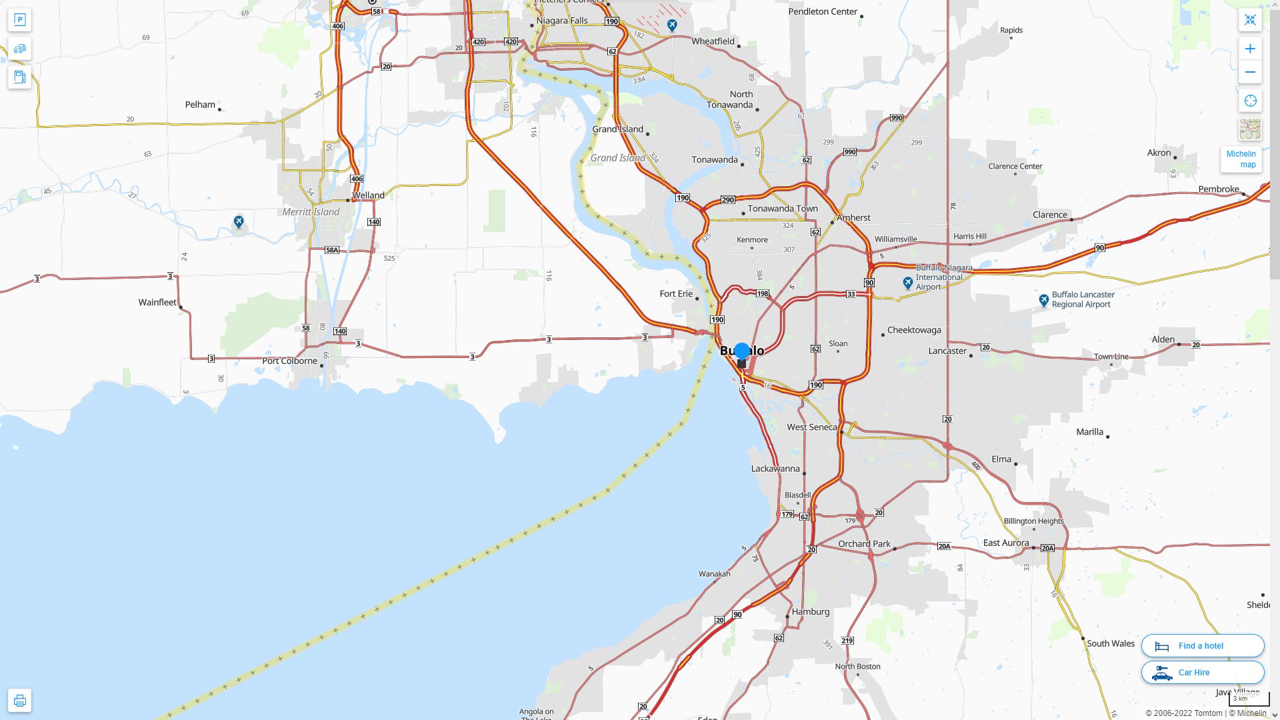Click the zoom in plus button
[1250, 49]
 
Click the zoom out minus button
[1250, 72]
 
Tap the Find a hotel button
[1202, 645]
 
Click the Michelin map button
[1241, 159]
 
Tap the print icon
[19, 700]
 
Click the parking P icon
[19, 20]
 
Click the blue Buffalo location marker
[741, 352]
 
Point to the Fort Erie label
[676, 294]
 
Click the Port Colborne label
[289, 361]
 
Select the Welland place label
[368, 195]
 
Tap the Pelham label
[200, 105]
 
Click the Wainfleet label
[157, 302]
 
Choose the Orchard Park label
[864, 543]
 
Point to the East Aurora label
[1006, 543]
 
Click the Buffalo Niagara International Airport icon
[907, 283]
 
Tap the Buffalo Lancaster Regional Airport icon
[1044, 300]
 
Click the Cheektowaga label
[914, 330]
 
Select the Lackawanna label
[775, 469]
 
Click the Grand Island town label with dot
[618, 129]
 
